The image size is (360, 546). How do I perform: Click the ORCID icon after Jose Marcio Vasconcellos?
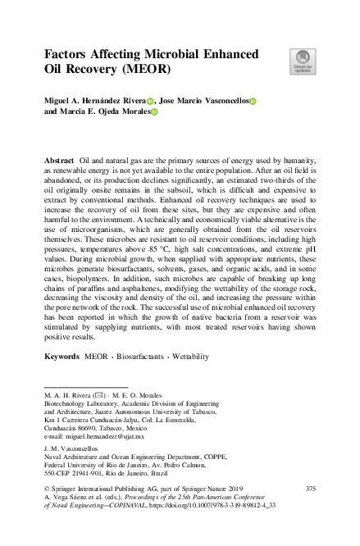point(253,101)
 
